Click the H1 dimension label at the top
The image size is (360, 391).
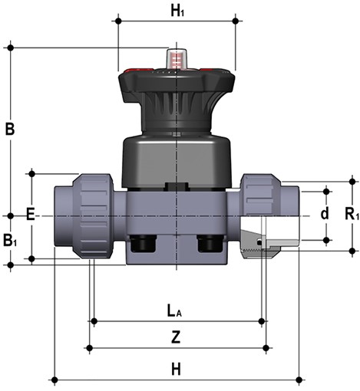pos(177,11)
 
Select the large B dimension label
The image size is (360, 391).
pos(10,130)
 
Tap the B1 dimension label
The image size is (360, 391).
pos(10,241)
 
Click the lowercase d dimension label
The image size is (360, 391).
pos(325,214)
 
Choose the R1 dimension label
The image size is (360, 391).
pos(352,214)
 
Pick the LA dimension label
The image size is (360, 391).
pos(174,311)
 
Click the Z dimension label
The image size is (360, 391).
pos(176,337)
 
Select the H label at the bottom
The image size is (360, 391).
pos(176,370)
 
